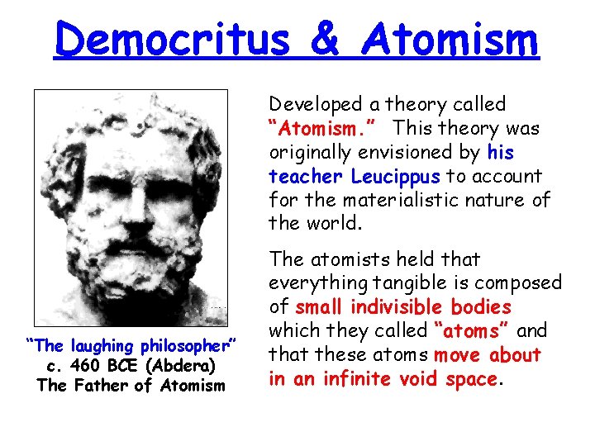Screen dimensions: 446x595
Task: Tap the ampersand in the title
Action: tap(318, 40)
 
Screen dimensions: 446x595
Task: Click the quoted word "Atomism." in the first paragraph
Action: tap(323, 129)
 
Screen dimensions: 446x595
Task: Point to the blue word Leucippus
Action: tap(397, 177)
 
